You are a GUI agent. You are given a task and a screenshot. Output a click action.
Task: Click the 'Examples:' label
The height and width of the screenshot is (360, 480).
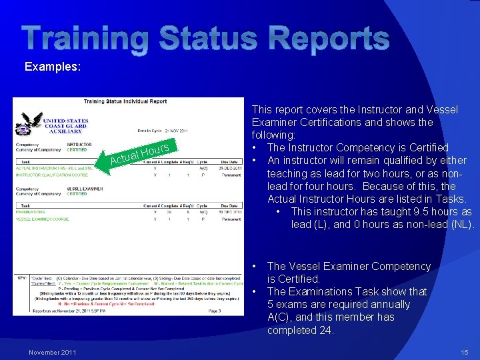click(x=53, y=67)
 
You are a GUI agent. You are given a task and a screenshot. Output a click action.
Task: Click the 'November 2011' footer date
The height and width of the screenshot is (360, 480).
click(x=53, y=352)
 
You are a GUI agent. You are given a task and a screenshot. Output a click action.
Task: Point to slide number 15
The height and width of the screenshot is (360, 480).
click(x=464, y=352)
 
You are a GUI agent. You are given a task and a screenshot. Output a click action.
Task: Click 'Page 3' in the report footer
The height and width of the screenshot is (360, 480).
click(x=215, y=310)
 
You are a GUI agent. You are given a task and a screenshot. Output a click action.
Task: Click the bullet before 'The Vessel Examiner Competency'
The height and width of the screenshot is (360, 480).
click(x=255, y=267)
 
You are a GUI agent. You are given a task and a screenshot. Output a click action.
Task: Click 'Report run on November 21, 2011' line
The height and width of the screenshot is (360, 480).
click(x=60, y=311)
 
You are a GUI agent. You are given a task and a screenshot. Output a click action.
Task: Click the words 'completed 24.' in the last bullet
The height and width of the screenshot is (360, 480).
click(x=299, y=330)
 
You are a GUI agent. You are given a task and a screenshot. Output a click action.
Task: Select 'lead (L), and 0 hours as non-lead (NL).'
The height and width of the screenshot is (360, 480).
click(x=383, y=224)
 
